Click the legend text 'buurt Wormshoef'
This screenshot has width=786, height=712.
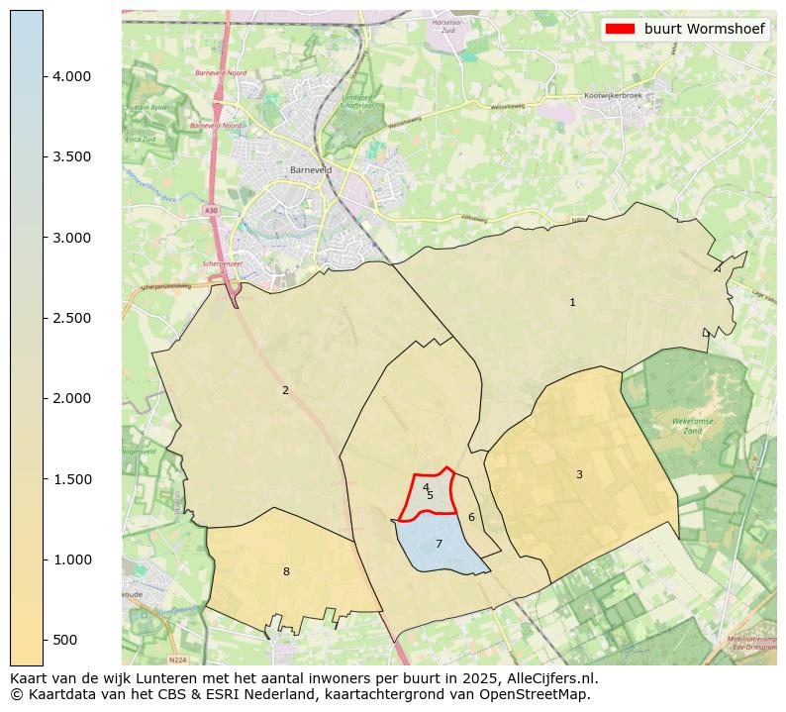tap(704, 30)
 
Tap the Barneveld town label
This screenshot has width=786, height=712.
tap(310, 169)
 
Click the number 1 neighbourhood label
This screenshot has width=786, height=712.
tap(572, 302)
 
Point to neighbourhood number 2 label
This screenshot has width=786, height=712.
tap(285, 390)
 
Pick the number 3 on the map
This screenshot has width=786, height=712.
tap(579, 474)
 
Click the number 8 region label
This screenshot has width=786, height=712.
tap(286, 571)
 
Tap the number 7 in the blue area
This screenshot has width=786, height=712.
tap(439, 544)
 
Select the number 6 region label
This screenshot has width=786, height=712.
tap(471, 517)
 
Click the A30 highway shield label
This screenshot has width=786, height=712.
tap(211, 211)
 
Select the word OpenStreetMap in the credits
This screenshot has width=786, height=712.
tap(541, 694)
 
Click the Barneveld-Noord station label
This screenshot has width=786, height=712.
tap(221, 73)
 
